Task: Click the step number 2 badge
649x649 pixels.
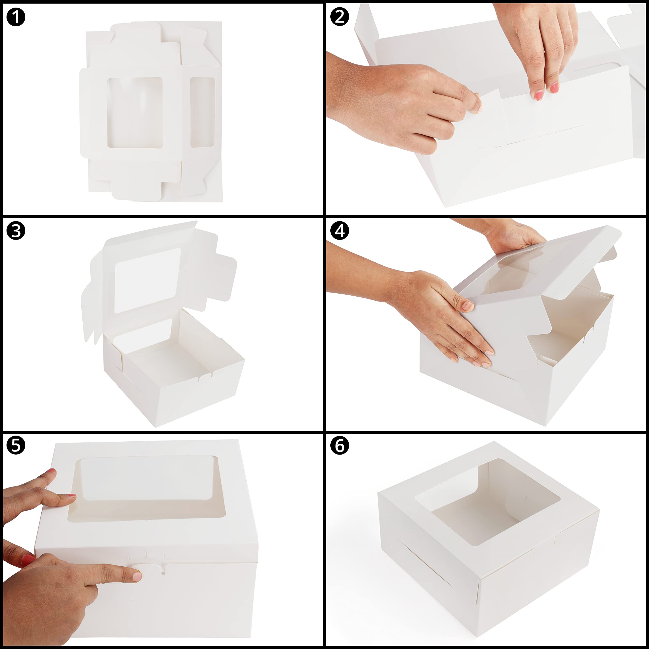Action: [x=340, y=17]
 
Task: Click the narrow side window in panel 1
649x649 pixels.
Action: [x=203, y=112]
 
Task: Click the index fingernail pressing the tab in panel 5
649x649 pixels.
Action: [x=137, y=576]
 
